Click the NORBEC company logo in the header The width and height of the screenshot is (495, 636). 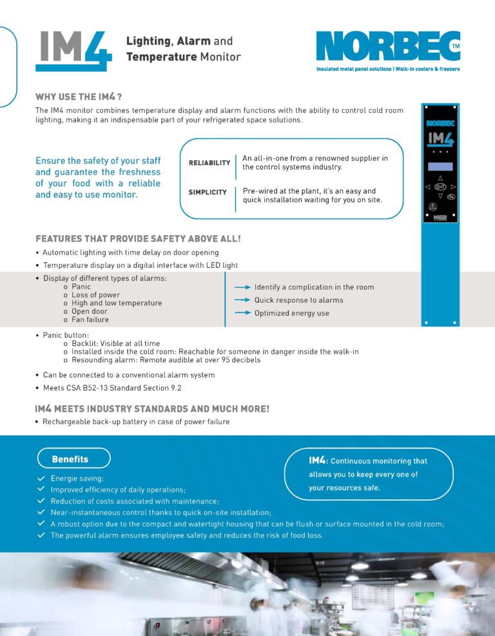click(x=387, y=46)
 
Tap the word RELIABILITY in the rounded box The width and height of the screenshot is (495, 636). click(x=209, y=162)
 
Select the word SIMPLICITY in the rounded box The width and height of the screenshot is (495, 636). click(x=208, y=192)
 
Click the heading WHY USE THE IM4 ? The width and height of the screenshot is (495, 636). click(x=79, y=97)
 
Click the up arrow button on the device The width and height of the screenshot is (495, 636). click(x=441, y=178)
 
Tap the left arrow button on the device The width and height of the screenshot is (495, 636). click(x=428, y=187)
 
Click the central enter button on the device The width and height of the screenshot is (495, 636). click(x=441, y=187)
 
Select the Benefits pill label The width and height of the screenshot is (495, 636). click(x=73, y=459)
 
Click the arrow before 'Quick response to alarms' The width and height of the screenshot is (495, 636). click(x=242, y=300)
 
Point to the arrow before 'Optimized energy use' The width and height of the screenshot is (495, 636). click(x=242, y=313)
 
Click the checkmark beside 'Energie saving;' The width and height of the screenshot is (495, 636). click(x=41, y=479)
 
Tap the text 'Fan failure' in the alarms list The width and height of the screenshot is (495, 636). click(x=90, y=320)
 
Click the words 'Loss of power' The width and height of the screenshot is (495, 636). click(x=96, y=294)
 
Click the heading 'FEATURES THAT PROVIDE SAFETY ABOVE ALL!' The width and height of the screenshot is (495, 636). click(x=138, y=238)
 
